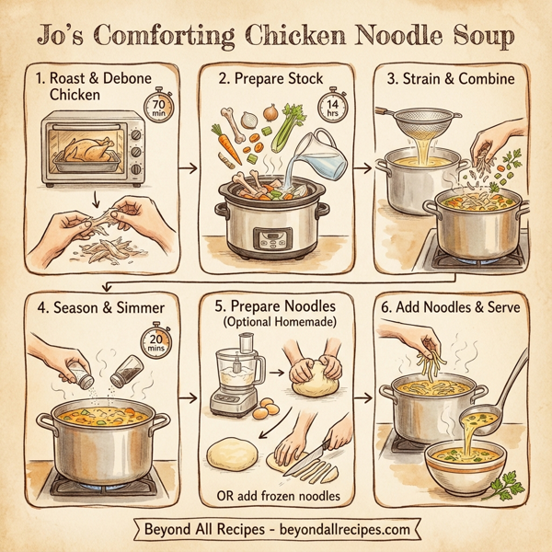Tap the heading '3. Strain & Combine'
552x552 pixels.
tap(450, 78)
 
